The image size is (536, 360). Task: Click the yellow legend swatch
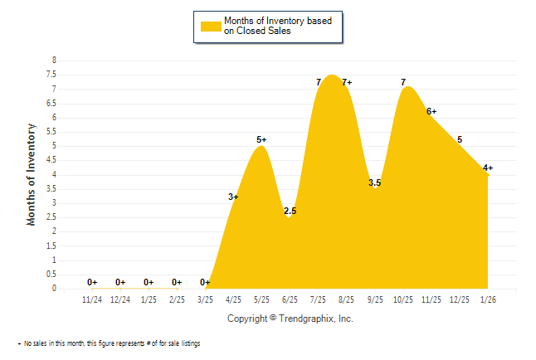[x=211, y=26]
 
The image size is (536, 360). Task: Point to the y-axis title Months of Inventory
[x=32, y=174]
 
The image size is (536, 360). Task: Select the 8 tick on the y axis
[x=54, y=61]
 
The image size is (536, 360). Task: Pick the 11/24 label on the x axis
[x=92, y=299]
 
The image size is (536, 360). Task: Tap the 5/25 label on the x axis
[x=261, y=299]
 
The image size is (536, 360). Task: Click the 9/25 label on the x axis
[x=374, y=299]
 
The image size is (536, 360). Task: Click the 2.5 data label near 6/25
[x=290, y=212]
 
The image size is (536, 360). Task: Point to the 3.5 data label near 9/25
[x=374, y=183]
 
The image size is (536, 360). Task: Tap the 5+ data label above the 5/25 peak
[x=261, y=139]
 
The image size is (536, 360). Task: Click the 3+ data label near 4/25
[x=233, y=197]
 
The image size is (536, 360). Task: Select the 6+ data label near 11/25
[x=431, y=111]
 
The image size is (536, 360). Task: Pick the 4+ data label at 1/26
[x=488, y=168]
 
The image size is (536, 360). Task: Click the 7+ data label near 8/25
[x=347, y=82]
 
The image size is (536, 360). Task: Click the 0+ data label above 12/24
[x=120, y=282]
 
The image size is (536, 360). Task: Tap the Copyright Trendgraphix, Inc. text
[x=290, y=319]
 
